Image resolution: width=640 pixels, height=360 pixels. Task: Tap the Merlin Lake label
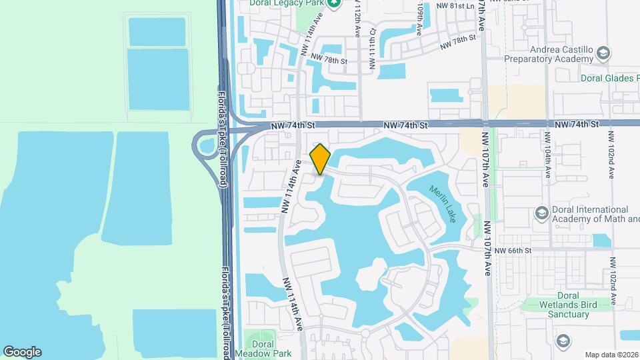[x=443, y=204]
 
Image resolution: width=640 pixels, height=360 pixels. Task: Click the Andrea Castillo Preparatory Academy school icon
[x=603, y=53]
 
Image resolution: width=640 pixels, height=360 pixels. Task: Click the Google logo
[x=22, y=352]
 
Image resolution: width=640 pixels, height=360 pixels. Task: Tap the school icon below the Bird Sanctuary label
[x=563, y=340]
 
